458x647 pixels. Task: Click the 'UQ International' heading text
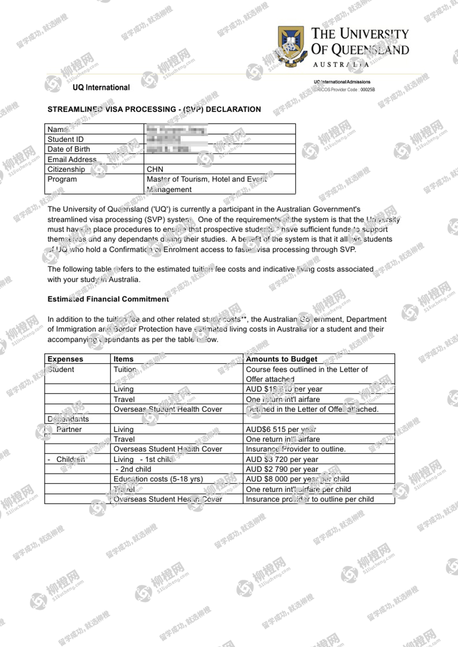click(101, 87)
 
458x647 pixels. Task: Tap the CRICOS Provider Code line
click(344, 90)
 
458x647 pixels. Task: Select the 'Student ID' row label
click(65, 139)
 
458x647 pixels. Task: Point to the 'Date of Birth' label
click(69, 149)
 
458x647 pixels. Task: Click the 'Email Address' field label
click(72, 159)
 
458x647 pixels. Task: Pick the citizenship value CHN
click(155, 169)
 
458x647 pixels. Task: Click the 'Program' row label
click(62, 179)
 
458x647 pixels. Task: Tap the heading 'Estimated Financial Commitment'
click(108, 299)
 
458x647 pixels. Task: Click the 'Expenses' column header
click(65, 359)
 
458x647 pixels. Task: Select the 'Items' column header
click(123, 359)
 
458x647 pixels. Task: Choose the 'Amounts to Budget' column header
click(281, 359)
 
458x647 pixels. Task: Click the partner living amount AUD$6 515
click(281, 429)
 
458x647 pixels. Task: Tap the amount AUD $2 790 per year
click(282, 469)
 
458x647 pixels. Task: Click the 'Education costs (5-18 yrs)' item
click(158, 479)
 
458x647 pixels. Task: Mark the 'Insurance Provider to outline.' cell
click(295, 449)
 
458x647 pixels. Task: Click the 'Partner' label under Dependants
click(69, 429)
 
